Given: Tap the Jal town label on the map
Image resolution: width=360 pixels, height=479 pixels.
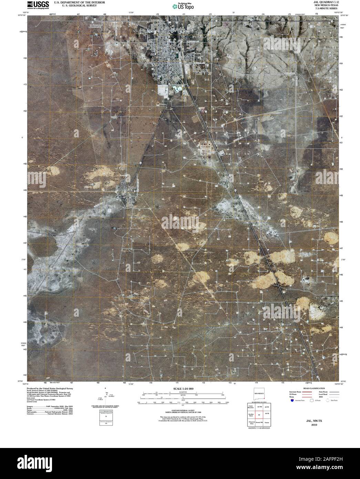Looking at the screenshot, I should (153, 54).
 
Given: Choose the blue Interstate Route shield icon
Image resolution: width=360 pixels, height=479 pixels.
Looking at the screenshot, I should (292, 401).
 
